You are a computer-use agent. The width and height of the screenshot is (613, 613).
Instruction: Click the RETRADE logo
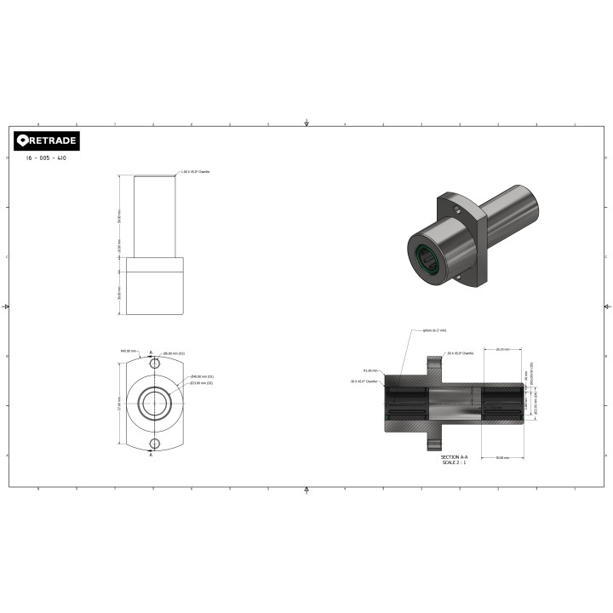pyautogui.click(x=47, y=140)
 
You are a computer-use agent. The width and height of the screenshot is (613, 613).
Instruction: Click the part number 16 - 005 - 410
pyautogui.click(x=47, y=158)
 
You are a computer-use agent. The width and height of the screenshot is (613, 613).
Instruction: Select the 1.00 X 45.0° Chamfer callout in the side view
pyautogui.click(x=195, y=171)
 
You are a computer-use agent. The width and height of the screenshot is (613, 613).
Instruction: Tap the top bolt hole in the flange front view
pyautogui.click(x=154, y=364)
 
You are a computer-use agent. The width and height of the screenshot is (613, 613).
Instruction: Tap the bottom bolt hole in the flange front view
pyautogui.click(x=154, y=444)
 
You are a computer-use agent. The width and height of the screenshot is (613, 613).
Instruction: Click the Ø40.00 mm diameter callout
pyautogui.click(x=202, y=376)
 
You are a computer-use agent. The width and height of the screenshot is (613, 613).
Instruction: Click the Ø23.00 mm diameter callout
pyautogui.click(x=202, y=383)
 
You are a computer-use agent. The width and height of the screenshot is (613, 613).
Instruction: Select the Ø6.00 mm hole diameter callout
pyautogui.click(x=175, y=353)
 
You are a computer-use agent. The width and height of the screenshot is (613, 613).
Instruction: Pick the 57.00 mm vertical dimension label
pyautogui.click(x=118, y=404)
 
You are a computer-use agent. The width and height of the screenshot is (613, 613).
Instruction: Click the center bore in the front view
pyautogui.click(x=154, y=404)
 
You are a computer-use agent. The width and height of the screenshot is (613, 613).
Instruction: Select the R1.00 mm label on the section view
pyautogui.click(x=370, y=371)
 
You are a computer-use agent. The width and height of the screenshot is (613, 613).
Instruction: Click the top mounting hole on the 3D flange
pyautogui.click(x=457, y=207)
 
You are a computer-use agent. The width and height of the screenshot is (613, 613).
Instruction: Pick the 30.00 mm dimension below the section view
pyautogui.click(x=501, y=458)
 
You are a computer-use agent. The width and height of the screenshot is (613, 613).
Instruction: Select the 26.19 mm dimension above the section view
pyautogui.click(x=501, y=348)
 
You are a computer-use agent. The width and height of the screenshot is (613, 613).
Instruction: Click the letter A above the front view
pyautogui.click(x=151, y=352)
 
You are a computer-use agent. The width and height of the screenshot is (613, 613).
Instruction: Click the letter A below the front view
pyautogui.click(x=151, y=455)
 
